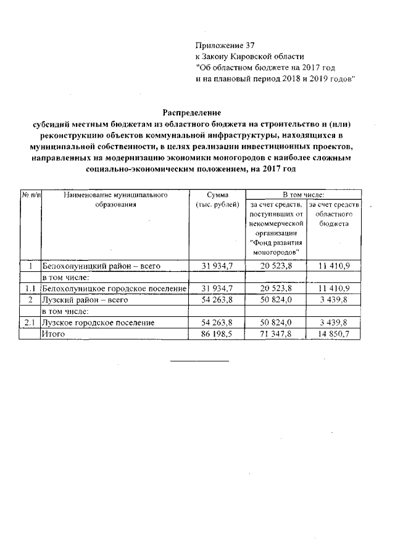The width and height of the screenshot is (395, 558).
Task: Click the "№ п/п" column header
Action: pos(30,195)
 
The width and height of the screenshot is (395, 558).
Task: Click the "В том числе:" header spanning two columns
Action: pos(302,194)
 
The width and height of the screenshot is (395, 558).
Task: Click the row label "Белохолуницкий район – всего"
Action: pos(101,266)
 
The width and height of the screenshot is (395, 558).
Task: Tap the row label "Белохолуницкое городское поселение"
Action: pos(114,289)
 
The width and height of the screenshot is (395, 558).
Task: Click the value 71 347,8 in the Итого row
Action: pos(275,334)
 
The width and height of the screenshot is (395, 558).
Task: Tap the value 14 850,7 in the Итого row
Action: pos(334,334)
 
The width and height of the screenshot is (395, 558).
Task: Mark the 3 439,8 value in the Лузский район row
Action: pos(334,300)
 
